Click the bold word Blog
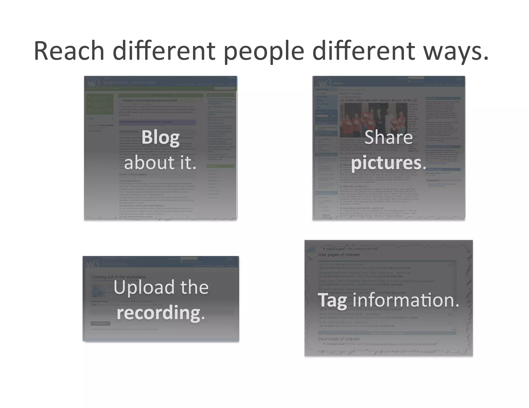point(160,137)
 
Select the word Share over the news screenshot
point(388,137)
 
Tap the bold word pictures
point(386,163)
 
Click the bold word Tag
point(332,300)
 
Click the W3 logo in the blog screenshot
point(94,83)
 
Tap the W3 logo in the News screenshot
point(325,83)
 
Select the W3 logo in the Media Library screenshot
point(92,264)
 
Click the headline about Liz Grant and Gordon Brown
point(378,100)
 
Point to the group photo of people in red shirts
point(373,120)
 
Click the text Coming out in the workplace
point(119,277)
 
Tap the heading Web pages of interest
point(339,255)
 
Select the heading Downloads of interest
point(339,339)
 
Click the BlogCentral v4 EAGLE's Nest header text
point(130,83)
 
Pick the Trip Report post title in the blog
point(150,100)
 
